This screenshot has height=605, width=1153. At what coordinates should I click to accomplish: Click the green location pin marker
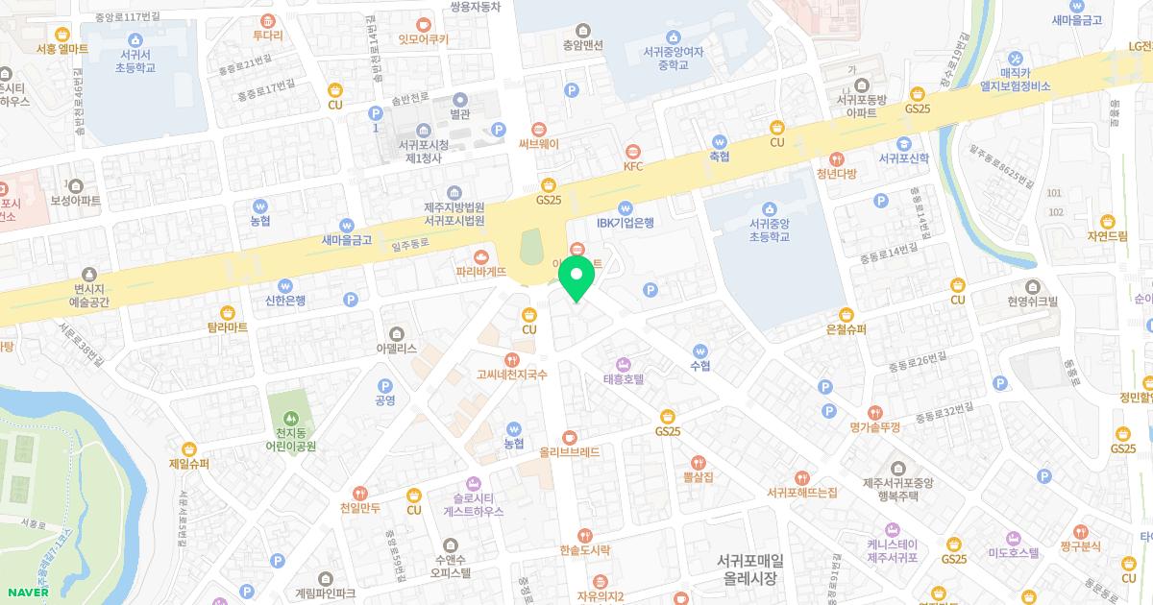[576, 278]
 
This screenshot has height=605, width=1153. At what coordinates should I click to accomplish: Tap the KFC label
[632, 166]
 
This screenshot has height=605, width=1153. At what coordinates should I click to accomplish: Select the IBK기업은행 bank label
[625, 223]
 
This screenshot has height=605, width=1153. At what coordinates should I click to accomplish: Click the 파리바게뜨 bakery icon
[481, 256]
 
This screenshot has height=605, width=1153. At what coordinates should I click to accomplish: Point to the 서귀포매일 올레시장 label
[750, 569]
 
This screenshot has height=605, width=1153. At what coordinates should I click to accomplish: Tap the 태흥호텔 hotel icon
[622, 364]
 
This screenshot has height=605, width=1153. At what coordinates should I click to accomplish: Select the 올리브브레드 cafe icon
[570, 435]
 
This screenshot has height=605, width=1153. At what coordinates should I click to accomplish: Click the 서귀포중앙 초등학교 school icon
[769, 208]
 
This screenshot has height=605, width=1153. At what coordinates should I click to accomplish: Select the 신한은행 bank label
[285, 300]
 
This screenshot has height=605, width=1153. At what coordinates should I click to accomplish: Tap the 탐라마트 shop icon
[228, 312]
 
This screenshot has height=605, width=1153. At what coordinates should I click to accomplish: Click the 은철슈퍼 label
[846, 328]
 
